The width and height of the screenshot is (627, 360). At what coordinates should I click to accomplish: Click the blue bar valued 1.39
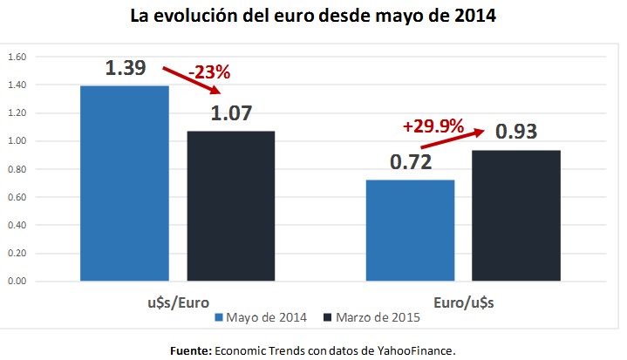click(x=125, y=183)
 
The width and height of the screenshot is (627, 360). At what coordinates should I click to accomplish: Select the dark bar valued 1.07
click(x=231, y=206)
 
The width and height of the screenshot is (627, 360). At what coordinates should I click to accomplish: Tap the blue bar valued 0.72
click(x=411, y=230)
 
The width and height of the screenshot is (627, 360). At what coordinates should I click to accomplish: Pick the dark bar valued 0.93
click(x=517, y=215)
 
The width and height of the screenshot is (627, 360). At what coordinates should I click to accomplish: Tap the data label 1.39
click(x=125, y=68)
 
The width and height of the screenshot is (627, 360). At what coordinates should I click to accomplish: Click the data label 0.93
click(x=517, y=132)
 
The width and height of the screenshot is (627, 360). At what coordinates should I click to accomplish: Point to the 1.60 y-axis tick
click(x=17, y=57)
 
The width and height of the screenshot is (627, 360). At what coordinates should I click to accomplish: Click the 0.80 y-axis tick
click(x=17, y=169)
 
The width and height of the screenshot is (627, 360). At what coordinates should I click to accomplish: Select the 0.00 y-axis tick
click(x=17, y=282)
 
